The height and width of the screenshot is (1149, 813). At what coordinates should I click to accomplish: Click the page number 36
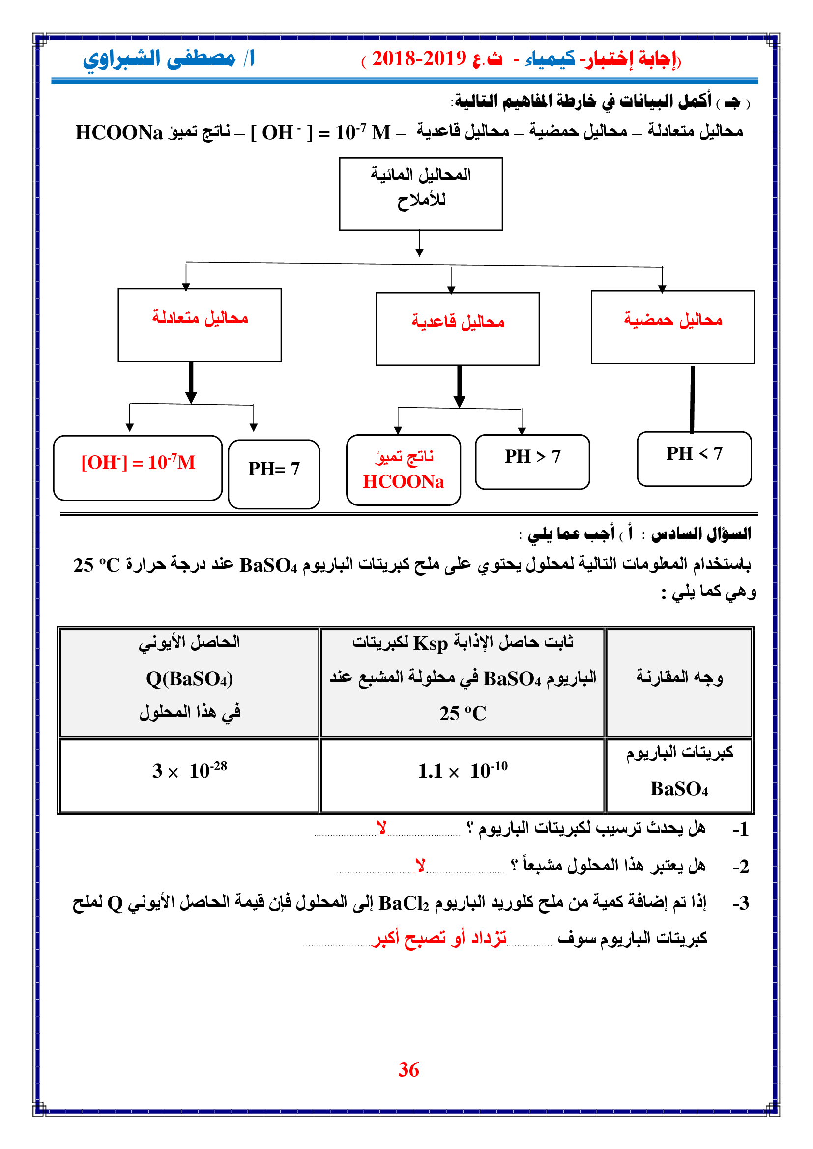click(408, 1069)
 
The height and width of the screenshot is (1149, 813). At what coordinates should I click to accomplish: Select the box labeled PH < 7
click(694, 458)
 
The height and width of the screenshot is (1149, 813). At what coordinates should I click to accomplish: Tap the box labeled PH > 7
click(532, 461)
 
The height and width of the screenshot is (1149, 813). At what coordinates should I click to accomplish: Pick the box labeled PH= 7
click(274, 474)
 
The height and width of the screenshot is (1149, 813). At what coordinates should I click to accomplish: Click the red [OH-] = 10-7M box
click(138, 467)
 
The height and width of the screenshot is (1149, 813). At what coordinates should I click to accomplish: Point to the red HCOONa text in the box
click(404, 481)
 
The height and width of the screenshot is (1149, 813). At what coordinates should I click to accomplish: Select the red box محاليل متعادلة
click(200, 324)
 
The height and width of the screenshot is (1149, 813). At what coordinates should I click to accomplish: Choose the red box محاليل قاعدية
click(458, 328)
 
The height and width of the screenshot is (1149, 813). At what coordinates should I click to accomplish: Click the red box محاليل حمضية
click(672, 326)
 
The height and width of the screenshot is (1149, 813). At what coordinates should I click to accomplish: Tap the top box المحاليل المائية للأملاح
click(421, 194)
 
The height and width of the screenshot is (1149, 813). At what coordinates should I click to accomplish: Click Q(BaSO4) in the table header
click(189, 678)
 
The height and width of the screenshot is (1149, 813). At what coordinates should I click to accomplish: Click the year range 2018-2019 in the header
click(419, 59)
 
